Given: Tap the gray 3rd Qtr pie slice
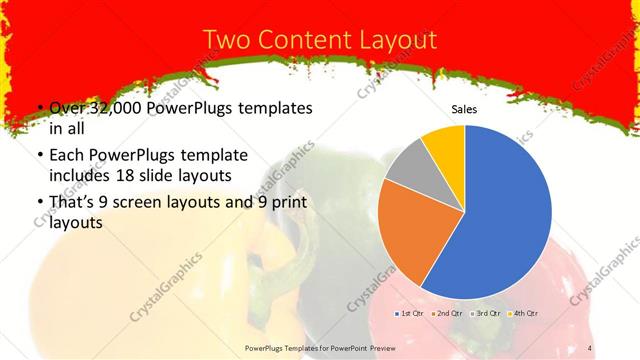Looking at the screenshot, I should click(409, 166).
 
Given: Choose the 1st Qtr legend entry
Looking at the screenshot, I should click(411, 314).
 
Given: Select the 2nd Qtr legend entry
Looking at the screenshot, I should click(447, 314).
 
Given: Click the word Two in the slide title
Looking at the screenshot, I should click(226, 40).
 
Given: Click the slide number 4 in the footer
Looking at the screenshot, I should click(591, 347).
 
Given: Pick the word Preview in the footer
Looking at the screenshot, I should click(420, 347).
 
